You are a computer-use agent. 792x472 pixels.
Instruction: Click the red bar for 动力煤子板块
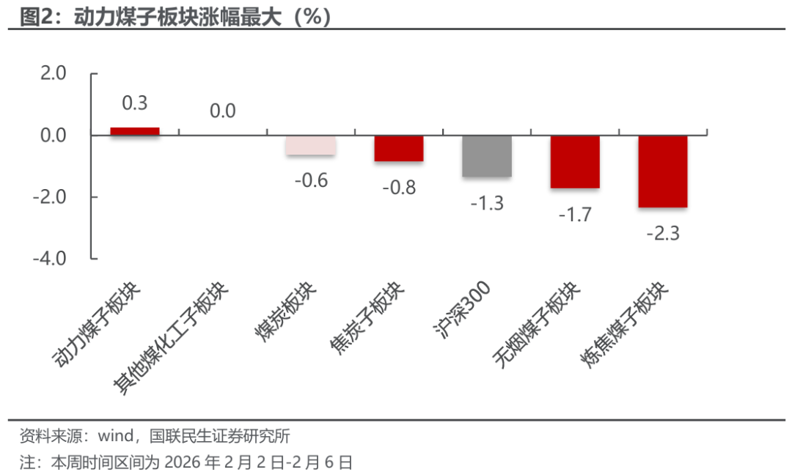tap(135, 131)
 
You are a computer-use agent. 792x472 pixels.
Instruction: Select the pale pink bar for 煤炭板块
tap(311, 145)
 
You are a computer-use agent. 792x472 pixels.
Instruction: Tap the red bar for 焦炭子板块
tap(399, 148)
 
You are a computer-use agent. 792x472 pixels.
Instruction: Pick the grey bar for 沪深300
tap(487, 156)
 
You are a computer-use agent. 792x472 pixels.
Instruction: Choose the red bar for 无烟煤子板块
tap(575, 162)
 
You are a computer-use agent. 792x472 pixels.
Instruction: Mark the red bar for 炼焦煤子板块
tap(663, 172)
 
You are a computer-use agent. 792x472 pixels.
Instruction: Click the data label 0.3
tap(135, 103)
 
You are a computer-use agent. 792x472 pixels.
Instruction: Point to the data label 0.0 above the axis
tap(222, 111)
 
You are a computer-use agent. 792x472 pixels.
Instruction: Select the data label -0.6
tap(311, 180)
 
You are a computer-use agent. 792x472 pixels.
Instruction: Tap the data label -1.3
tap(487, 203)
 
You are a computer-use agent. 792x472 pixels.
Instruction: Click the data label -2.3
tap(663, 234)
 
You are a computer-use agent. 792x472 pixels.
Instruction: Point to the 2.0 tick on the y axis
tap(51, 73)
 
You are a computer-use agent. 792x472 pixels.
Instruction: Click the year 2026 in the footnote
tap(183, 462)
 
